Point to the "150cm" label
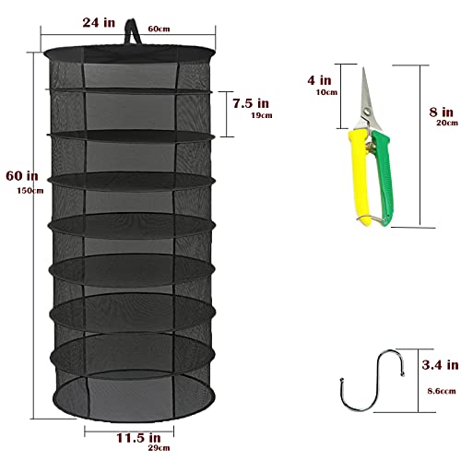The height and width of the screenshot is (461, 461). (16, 190)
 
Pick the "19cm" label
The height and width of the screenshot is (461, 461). (262, 117)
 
